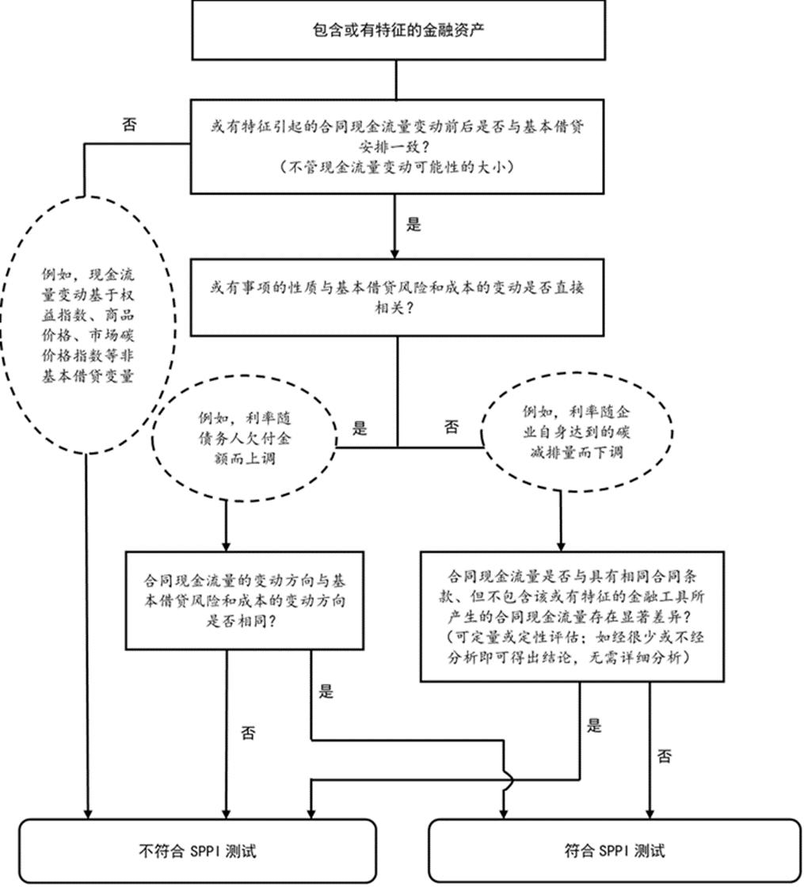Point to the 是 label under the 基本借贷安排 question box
(413, 224)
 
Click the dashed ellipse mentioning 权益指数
(87, 325)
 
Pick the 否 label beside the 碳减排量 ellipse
(451, 428)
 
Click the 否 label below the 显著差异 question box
(665, 756)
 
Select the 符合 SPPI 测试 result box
(610, 851)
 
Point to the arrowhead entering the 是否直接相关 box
(394, 248)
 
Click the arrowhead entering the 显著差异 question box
(562, 544)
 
